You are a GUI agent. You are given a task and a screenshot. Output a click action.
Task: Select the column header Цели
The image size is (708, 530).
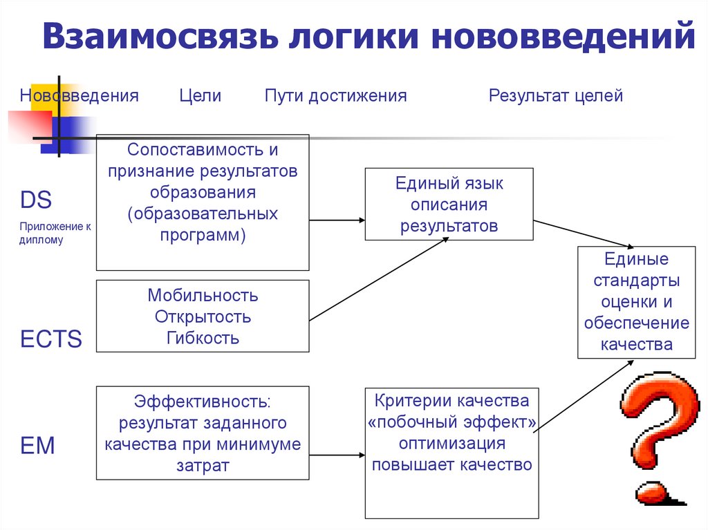pos(200,96)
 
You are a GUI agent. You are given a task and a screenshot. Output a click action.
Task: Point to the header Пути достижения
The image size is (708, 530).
pos(335,96)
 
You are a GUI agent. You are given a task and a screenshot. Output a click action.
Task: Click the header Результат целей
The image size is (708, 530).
pos(556,96)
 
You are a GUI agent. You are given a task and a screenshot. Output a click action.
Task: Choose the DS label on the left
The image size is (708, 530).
pos(36,200)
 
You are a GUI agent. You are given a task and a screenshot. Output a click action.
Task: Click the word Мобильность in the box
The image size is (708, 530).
pos(203,296)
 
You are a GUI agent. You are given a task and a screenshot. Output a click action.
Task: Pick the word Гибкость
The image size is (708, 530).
pos(203,338)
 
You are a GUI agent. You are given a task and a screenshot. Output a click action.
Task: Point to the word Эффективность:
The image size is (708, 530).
pos(203,401)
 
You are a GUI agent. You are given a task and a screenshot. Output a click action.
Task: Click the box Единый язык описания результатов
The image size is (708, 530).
pos(449,204)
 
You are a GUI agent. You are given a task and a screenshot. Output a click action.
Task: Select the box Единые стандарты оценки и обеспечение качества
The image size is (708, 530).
pos(636,301)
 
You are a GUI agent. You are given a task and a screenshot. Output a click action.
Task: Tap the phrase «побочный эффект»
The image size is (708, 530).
pos(451,422)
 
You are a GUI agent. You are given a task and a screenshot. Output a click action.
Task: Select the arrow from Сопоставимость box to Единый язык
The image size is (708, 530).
pos(337,220)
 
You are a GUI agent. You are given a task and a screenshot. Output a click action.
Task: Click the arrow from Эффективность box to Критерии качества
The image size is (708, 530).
pos(337,455)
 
